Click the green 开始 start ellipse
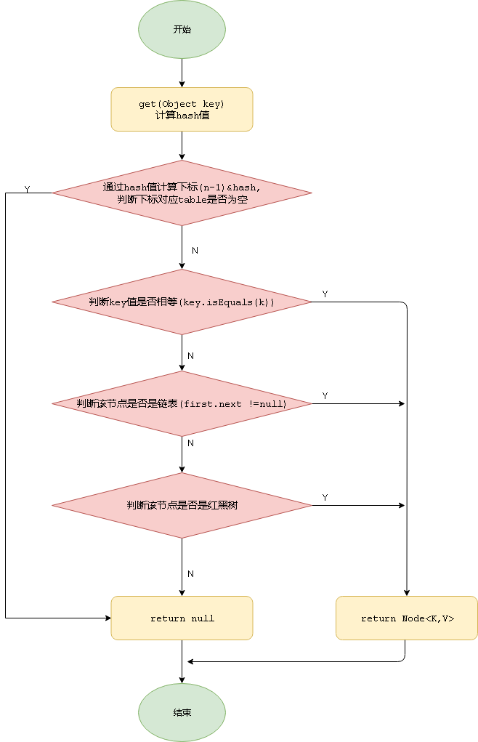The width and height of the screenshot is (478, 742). click(182, 30)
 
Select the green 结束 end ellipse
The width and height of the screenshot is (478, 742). click(182, 712)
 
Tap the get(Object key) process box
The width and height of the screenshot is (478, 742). click(182, 109)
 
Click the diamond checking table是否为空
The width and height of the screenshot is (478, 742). click(182, 193)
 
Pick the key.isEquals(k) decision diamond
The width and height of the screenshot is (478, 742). click(182, 302)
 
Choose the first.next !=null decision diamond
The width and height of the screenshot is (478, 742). click(182, 403)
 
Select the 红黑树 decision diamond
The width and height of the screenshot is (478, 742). click(182, 505)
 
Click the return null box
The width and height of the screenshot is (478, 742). click(182, 618)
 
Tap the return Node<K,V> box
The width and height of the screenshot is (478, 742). click(407, 618)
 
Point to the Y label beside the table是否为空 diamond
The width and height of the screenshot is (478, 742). click(27, 189)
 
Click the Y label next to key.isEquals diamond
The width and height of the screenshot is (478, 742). click(325, 294)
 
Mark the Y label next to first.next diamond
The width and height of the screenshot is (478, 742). click(325, 395)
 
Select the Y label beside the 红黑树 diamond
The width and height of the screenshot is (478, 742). click(325, 497)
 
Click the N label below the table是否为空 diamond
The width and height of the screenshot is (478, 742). click(195, 250)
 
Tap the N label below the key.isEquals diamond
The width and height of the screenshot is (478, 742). click(190, 355)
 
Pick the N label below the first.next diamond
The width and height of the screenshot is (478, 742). click(190, 443)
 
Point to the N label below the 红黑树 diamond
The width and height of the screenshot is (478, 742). click(190, 573)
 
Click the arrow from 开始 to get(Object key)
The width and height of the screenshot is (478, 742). click(182, 73)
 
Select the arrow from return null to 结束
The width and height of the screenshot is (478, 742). click(182, 661)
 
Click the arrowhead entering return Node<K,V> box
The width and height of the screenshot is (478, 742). click(407, 592)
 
